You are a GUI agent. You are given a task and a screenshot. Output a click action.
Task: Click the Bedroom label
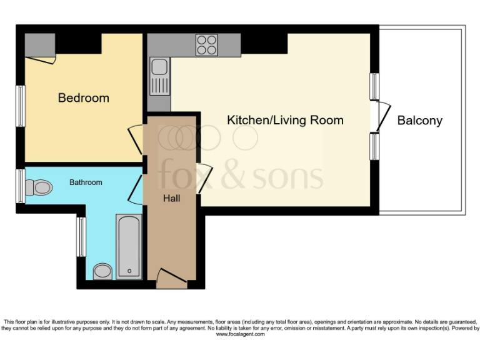point(83,98)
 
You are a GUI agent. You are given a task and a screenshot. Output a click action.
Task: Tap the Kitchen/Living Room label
point(285,120)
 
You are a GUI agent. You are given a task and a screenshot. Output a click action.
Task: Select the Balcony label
point(419,121)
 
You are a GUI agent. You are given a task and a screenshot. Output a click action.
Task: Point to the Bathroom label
point(86,182)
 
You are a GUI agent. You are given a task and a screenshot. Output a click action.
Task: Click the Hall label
point(171,198)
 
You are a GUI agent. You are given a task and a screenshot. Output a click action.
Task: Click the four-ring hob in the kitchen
point(207,45)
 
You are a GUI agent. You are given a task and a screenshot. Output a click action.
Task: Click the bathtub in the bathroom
point(129,245)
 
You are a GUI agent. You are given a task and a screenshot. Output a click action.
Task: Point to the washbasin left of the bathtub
point(102,271)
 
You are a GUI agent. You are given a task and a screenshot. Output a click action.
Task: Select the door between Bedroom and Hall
point(136,139)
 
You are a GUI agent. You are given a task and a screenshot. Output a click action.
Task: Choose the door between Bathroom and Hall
point(136,188)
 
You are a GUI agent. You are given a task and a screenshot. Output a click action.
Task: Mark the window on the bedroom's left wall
point(21,106)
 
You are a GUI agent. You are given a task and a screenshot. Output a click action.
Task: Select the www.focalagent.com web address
point(241,334)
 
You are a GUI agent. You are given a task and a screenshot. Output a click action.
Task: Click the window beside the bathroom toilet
point(21,186)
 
